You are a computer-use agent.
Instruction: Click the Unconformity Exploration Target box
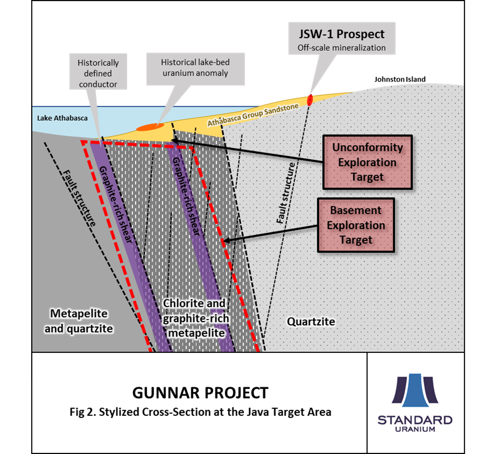pos(367,162)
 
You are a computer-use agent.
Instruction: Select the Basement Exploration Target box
pos(356,225)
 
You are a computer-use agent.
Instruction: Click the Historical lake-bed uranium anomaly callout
pos(195,68)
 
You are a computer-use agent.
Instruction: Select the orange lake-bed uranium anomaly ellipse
pos(150,127)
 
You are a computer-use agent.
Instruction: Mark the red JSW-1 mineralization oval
pos(310,99)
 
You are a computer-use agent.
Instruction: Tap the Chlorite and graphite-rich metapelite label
pos(194,319)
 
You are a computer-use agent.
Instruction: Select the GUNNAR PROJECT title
pos(200,393)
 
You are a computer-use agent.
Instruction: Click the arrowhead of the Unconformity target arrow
pos(174,140)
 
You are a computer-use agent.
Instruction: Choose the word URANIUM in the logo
pos(415,429)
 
